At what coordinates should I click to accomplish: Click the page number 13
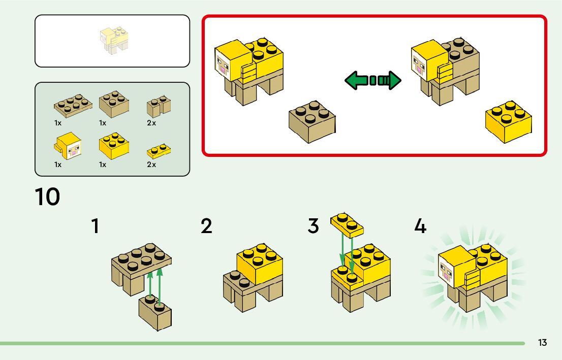coord(542,343)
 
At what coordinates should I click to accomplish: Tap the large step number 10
coord(47,197)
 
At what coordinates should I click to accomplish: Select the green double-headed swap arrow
coord(373,80)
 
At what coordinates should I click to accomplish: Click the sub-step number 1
coord(95,226)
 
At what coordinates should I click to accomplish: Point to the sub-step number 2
coord(206,226)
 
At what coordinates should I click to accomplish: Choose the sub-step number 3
coord(314,226)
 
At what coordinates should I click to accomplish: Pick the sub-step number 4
coord(420,226)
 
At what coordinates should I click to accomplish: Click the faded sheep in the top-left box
coord(113,41)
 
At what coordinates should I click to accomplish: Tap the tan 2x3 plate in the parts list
coord(72,105)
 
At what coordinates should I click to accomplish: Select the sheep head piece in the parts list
coord(68,146)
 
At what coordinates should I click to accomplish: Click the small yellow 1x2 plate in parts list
coord(159,151)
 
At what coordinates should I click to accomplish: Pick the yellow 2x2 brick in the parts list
coord(113,146)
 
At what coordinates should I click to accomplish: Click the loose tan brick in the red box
coord(312,121)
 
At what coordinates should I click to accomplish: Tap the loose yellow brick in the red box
coord(509,121)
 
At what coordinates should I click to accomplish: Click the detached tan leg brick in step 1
coord(155,311)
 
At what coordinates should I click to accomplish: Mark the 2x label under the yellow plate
coord(151,165)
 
